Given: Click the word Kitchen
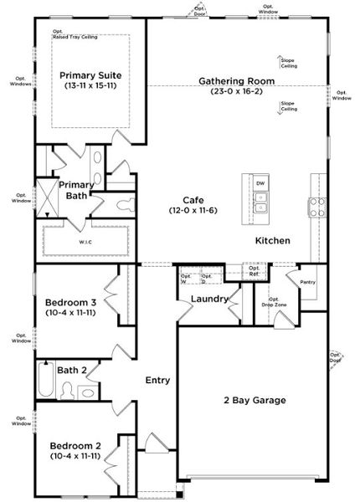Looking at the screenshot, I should click(x=273, y=241).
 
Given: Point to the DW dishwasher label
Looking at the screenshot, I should click(x=260, y=183).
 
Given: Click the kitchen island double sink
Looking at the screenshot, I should click(x=260, y=202).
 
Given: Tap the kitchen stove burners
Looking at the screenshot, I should click(x=317, y=207).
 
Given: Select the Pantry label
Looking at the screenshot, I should click(x=307, y=283).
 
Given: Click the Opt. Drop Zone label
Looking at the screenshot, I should click(x=277, y=302).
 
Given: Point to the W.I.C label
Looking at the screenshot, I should click(x=85, y=243).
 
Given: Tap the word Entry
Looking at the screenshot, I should click(x=157, y=381).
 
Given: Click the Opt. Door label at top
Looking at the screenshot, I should click(x=198, y=13).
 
